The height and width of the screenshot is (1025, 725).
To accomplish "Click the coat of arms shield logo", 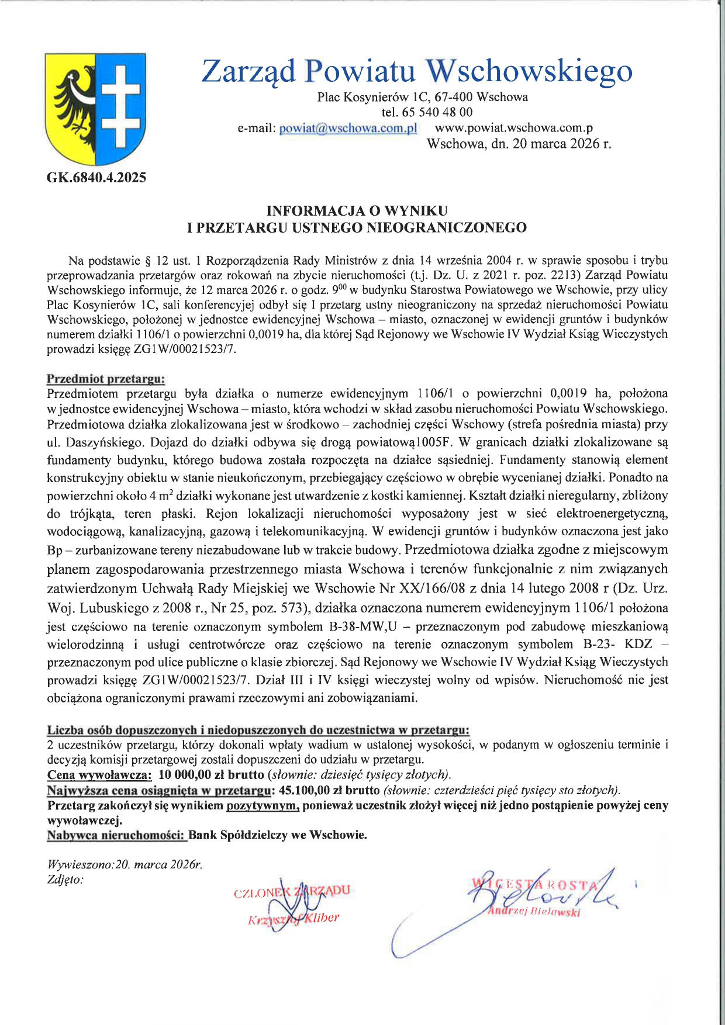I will (x=95, y=109).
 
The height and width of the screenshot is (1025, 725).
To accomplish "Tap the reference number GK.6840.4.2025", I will (x=96, y=178).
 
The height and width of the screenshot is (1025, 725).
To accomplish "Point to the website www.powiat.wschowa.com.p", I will (x=515, y=128).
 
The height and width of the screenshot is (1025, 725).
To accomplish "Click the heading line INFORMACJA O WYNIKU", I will (x=357, y=210).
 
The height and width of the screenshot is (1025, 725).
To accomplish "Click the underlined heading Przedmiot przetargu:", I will (x=106, y=379).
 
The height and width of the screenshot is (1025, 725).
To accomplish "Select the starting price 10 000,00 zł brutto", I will (x=211, y=775).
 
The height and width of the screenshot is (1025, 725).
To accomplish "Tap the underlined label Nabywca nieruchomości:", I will (x=116, y=835).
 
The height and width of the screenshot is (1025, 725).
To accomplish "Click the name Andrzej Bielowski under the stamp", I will (x=534, y=912).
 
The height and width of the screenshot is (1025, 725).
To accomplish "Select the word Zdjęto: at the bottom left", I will (x=65, y=879).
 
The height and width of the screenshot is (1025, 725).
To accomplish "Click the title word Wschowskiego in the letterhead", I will (x=529, y=71).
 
